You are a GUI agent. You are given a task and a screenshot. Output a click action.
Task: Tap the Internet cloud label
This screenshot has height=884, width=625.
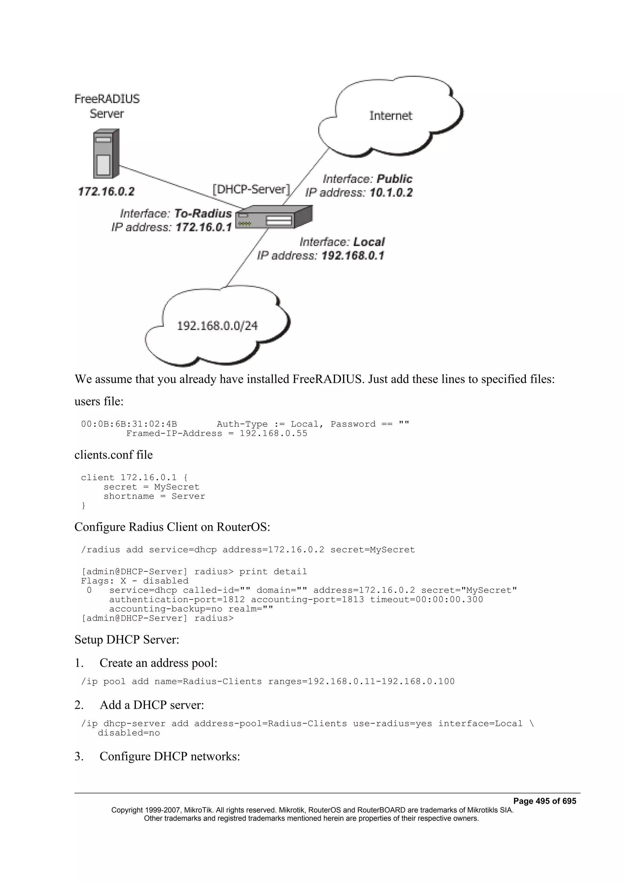point(391,116)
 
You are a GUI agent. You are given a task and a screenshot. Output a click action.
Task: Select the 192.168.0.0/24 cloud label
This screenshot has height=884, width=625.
point(217,326)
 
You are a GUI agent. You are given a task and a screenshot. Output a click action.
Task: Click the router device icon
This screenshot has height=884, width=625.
point(273,217)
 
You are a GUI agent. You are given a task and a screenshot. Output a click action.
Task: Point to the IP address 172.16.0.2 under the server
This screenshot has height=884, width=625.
point(106,191)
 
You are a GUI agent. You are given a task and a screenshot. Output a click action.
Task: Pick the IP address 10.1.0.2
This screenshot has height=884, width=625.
point(391,192)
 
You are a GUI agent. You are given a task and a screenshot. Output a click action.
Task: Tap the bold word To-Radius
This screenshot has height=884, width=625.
point(203,213)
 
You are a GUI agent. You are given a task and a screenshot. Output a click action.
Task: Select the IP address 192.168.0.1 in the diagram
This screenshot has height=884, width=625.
point(353,256)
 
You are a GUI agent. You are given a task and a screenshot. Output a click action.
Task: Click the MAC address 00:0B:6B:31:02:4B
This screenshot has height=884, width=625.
point(129,424)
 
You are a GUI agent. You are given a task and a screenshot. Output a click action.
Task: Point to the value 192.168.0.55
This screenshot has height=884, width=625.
point(273,433)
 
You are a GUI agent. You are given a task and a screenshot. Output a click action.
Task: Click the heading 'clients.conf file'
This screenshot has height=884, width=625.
point(114,455)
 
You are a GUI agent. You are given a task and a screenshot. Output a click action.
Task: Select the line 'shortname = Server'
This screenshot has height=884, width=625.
point(154,496)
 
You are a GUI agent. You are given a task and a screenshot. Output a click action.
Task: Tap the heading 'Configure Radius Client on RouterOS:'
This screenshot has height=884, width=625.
point(172,527)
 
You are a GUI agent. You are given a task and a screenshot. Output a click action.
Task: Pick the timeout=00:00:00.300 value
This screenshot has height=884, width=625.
point(426,599)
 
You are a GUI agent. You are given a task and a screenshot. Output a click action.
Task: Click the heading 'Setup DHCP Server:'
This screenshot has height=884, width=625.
point(127,640)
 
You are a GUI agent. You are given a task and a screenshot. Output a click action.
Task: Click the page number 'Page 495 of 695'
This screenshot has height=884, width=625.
point(544,801)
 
